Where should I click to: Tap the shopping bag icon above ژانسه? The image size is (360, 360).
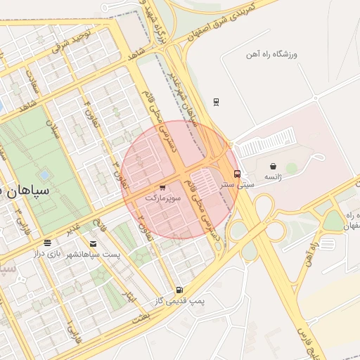(273, 167)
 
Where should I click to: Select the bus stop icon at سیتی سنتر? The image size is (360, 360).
(237, 174)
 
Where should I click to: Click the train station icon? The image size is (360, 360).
(216, 101)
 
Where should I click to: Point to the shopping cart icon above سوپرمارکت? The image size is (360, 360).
(163, 188)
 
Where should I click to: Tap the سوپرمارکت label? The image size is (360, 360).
(163, 199)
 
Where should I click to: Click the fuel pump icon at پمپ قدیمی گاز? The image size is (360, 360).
(180, 290)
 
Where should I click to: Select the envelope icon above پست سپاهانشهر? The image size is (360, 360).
(93, 243)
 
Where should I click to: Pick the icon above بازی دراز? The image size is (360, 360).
(48, 243)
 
